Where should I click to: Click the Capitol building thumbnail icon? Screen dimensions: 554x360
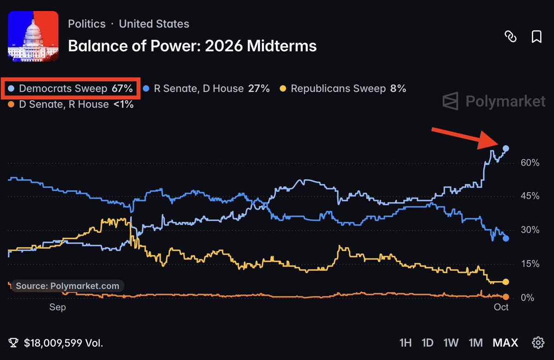click(33, 36)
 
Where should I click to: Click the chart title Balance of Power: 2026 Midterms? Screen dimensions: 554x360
click(192, 46)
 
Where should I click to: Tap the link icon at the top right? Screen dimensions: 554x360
click(511, 37)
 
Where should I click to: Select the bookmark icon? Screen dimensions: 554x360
click(536, 37)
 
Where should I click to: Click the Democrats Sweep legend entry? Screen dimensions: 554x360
click(70, 88)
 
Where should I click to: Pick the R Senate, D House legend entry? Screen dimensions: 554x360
click(207, 88)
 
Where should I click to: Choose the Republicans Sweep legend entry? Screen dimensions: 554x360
click(343, 88)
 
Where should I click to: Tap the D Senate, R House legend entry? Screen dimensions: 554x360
click(71, 104)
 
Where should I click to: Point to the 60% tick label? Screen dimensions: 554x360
click(530, 163)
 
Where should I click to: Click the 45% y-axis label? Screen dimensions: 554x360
click(530, 196)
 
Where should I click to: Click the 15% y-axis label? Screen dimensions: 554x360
click(530, 263)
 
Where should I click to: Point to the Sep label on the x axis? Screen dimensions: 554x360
click(58, 307)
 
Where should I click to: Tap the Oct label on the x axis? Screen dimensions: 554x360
click(501, 307)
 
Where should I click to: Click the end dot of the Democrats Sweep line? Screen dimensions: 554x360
click(506, 148)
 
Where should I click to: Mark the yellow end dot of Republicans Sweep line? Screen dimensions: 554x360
click(506, 282)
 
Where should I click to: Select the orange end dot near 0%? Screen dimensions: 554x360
click(506, 297)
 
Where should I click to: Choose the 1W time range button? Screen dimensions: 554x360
click(451, 343)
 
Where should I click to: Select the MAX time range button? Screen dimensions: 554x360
click(505, 343)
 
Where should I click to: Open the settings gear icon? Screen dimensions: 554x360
click(538, 343)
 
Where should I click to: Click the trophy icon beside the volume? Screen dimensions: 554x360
click(13, 343)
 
